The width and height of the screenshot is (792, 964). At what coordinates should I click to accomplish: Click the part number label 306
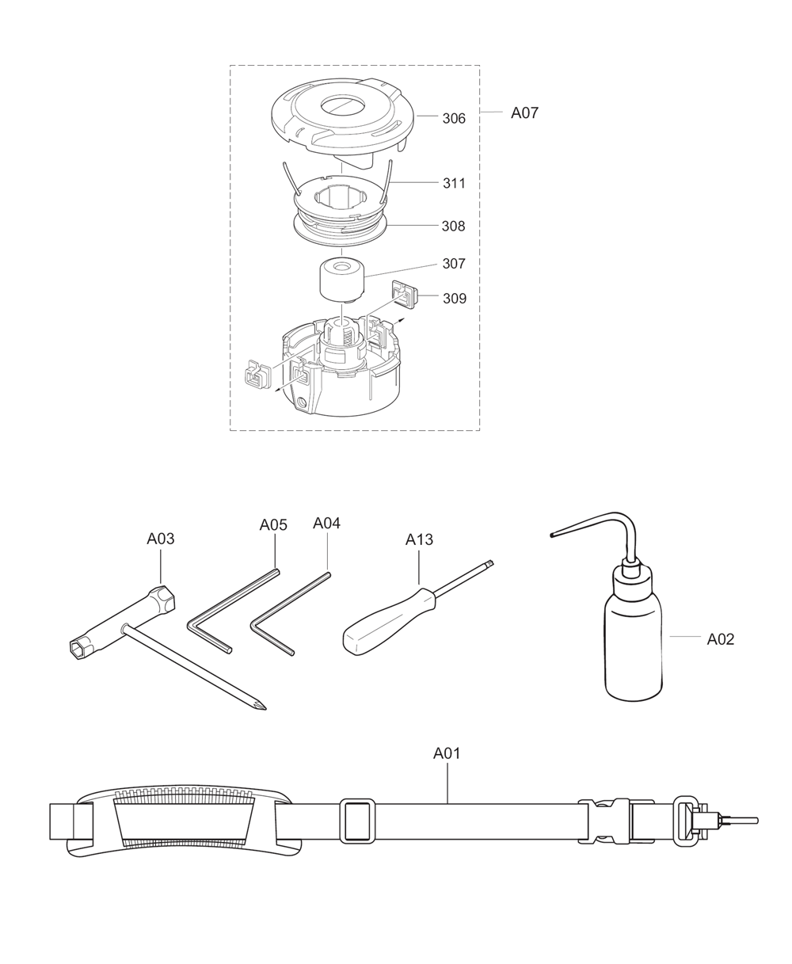454,118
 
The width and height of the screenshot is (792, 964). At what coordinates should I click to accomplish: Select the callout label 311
454,183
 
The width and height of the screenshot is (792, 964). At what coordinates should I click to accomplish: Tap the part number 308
454,227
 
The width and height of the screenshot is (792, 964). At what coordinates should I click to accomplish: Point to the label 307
454,264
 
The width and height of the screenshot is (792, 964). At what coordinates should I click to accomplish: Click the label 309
454,299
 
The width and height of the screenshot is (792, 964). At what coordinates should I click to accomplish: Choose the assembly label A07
524,112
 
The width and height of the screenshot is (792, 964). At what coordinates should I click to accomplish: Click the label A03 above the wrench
161,539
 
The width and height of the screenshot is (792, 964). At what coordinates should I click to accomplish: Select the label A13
419,539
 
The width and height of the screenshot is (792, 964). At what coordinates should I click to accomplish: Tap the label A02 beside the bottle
720,639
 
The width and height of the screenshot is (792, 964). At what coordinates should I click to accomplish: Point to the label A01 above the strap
447,753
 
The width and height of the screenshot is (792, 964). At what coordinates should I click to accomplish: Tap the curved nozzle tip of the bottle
553,536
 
